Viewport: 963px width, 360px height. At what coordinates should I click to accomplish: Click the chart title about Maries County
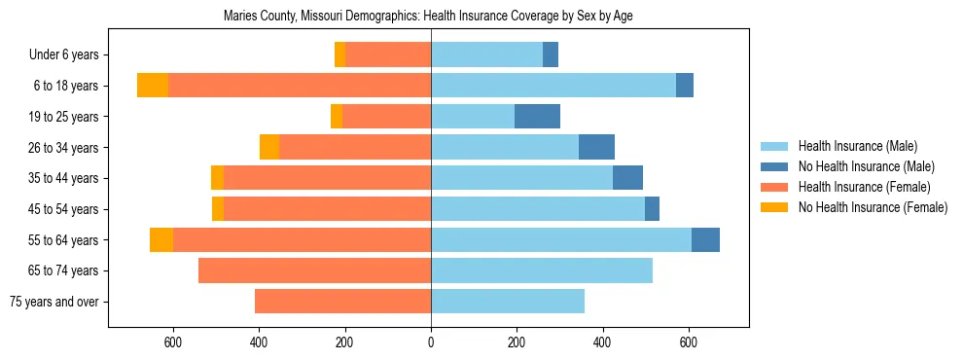click(428, 17)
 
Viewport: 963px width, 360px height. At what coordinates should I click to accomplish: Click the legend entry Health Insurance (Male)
click(857, 146)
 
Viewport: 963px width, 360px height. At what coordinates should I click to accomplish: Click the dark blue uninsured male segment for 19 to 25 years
click(537, 117)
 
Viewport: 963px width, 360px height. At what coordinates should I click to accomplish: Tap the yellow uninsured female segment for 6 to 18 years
click(153, 86)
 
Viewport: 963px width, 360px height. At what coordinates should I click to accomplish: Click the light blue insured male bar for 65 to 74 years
click(542, 270)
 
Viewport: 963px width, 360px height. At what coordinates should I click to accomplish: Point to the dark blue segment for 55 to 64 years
click(705, 239)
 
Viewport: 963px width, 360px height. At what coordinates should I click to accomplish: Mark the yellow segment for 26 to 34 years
click(269, 147)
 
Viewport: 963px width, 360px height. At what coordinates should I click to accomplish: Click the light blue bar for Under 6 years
click(486, 55)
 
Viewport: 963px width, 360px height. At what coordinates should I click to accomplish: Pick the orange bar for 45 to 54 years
click(327, 209)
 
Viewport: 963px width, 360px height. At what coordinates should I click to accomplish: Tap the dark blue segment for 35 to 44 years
click(627, 178)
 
